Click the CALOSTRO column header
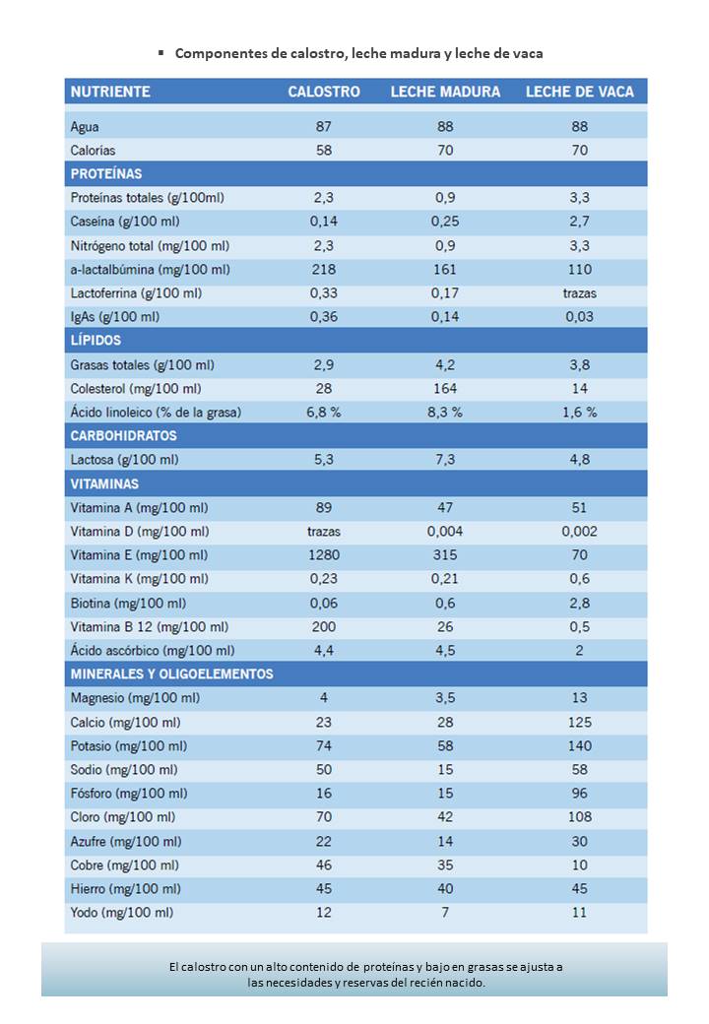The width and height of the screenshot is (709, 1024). (324, 92)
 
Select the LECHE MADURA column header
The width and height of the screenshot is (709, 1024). (445, 92)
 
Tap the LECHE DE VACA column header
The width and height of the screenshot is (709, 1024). (580, 92)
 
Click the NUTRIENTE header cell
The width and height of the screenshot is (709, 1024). (110, 92)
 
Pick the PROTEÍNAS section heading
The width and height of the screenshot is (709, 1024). (105, 173)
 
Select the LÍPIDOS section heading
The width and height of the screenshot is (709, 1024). (96, 341)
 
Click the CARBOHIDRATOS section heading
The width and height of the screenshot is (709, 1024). (123, 435)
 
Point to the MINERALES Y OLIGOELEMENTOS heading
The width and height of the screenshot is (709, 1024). (171, 673)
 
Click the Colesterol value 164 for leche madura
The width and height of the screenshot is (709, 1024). (445, 389)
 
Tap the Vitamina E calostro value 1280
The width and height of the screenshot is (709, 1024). (324, 555)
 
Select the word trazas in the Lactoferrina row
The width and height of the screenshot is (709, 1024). (580, 293)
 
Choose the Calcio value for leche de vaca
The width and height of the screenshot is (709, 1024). (580, 723)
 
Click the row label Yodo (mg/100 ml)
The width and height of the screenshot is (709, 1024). (122, 913)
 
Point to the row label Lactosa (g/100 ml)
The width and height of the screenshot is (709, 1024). (125, 460)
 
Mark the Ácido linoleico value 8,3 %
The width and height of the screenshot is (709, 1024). (445, 413)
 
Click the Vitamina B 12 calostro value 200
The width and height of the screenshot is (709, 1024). (324, 627)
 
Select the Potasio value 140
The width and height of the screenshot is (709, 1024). (580, 745)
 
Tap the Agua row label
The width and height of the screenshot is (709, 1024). (85, 127)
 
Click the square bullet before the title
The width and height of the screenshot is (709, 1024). (161, 52)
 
